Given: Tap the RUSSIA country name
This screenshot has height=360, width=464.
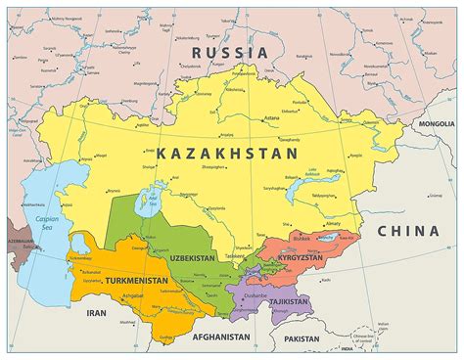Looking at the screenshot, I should (230, 52).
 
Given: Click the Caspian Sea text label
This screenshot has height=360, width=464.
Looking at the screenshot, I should (47, 222).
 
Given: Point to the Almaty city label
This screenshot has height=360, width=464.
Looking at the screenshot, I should (333, 223).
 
